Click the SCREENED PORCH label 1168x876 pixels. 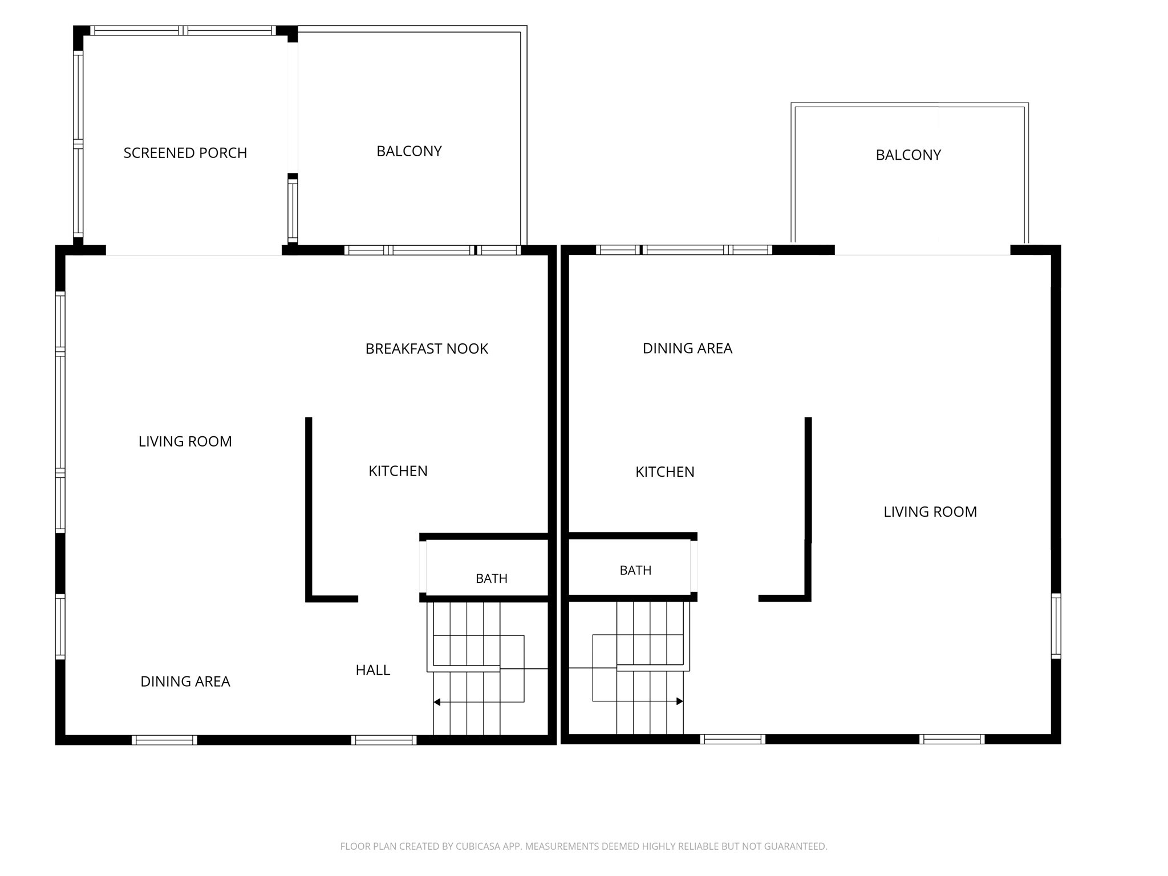click(x=185, y=153)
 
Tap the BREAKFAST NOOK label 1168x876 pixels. click(x=427, y=348)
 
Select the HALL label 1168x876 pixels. click(x=372, y=670)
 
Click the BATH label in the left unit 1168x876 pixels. click(x=491, y=578)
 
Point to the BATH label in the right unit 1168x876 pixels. click(x=635, y=570)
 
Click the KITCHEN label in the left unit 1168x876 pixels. click(x=398, y=471)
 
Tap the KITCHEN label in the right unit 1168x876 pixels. click(x=665, y=472)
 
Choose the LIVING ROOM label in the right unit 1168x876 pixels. click(x=930, y=512)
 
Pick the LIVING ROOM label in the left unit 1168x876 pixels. click(x=185, y=441)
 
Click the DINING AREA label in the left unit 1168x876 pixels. click(x=185, y=682)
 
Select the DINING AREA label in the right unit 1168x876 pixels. click(x=687, y=348)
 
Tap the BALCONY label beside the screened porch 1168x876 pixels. click(x=409, y=151)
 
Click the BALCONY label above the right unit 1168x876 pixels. click(x=908, y=155)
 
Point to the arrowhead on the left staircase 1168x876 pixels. click(x=437, y=702)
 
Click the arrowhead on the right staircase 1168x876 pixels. click(x=680, y=701)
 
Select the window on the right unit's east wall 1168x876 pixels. click(x=1056, y=626)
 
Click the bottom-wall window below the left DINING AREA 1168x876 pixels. click(x=164, y=740)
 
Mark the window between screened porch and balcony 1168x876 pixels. click(x=293, y=208)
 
